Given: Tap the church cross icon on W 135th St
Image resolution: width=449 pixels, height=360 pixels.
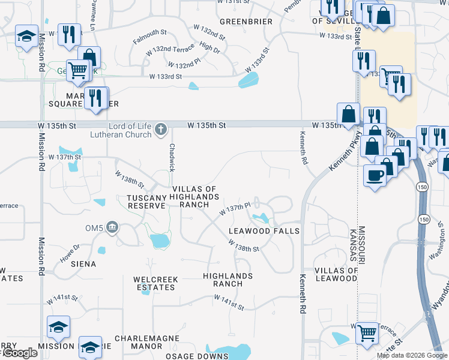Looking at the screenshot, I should click(x=160, y=128).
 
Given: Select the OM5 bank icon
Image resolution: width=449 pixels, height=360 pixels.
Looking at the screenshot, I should click(x=112, y=227).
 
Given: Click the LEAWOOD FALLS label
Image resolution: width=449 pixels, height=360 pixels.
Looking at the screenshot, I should click(x=264, y=231).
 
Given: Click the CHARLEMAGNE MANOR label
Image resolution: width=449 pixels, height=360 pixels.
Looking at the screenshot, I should click(x=147, y=342).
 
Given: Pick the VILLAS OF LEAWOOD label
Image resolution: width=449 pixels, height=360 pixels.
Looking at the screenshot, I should click(x=336, y=274).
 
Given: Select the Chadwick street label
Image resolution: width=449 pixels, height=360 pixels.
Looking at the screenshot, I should click(x=172, y=157).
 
